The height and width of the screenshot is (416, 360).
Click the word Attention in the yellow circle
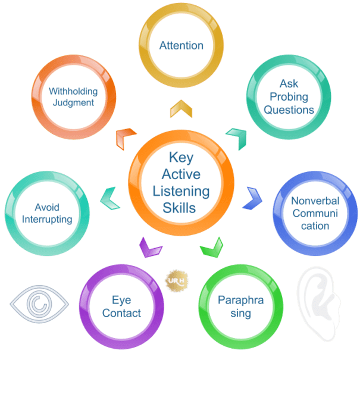click(181, 45)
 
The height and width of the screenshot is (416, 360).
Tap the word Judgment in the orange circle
click(73, 102)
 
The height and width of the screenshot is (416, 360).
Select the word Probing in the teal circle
click(289, 97)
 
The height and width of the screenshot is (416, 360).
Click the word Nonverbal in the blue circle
click(315, 201)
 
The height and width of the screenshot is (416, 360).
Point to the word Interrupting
click(47, 219)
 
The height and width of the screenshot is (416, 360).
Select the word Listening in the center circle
click(181, 192)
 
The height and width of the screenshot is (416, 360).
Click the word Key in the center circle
click(181, 158)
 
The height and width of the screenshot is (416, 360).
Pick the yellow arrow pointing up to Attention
click(181, 109)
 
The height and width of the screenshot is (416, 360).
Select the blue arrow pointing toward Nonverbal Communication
click(255, 197)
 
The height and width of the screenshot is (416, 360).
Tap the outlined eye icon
click(39, 305)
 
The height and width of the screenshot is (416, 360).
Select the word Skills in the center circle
click(181, 208)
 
